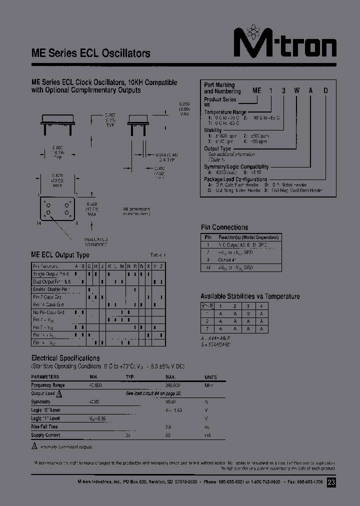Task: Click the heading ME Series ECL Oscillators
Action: click(x=90, y=53)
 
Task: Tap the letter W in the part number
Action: click(x=296, y=90)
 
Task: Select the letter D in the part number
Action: click(x=325, y=90)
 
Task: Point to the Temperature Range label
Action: click(x=225, y=112)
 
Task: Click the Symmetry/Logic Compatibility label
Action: click(x=236, y=167)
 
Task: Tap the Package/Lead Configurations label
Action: click(x=235, y=179)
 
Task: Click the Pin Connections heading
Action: click(x=224, y=227)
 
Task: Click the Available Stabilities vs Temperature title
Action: click(x=250, y=296)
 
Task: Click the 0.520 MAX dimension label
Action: click(x=92, y=209)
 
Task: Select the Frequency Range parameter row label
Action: click(x=48, y=385)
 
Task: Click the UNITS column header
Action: click(x=210, y=377)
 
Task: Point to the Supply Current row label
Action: click(x=46, y=435)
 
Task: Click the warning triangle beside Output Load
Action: click(x=58, y=393)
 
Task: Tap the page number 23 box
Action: click(x=331, y=482)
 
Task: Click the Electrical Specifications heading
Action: click(x=65, y=358)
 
